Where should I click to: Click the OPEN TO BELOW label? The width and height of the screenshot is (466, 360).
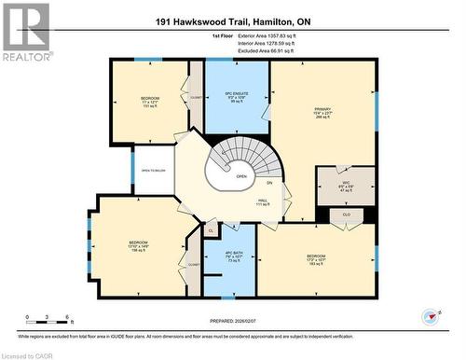point(152,171)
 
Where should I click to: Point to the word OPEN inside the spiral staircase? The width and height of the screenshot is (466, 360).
point(240,174)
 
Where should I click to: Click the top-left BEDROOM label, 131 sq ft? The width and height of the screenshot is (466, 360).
point(150,102)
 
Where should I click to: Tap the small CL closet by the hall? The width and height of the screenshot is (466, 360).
point(211,228)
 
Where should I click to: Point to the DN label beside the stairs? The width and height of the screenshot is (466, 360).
point(269,183)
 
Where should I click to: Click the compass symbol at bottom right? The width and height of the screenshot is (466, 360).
point(430,316)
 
